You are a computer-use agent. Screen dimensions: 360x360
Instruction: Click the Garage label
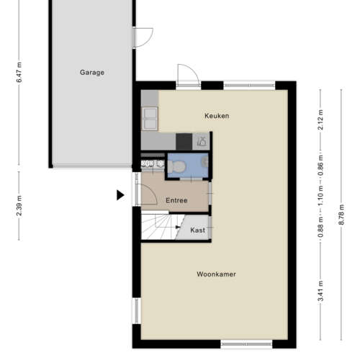pyautogui.click(x=92, y=73)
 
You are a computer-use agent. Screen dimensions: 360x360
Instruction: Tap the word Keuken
pyautogui.click(x=216, y=115)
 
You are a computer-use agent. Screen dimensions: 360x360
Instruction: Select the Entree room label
pyautogui.click(x=176, y=200)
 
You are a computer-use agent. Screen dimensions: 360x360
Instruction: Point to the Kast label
pyautogui.click(x=197, y=230)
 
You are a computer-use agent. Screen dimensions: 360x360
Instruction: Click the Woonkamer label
pyautogui.click(x=216, y=274)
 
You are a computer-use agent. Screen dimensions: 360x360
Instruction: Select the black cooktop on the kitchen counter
pyautogui.click(x=184, y=141)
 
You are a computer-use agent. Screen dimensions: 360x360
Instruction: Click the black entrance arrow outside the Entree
pyautogui.click(x=120, y=194)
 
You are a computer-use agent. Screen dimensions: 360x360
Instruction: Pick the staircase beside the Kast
pyautogui.click(x=158, y=229)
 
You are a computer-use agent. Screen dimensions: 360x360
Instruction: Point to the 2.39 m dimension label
pyautogui.click(x=19, y=204)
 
